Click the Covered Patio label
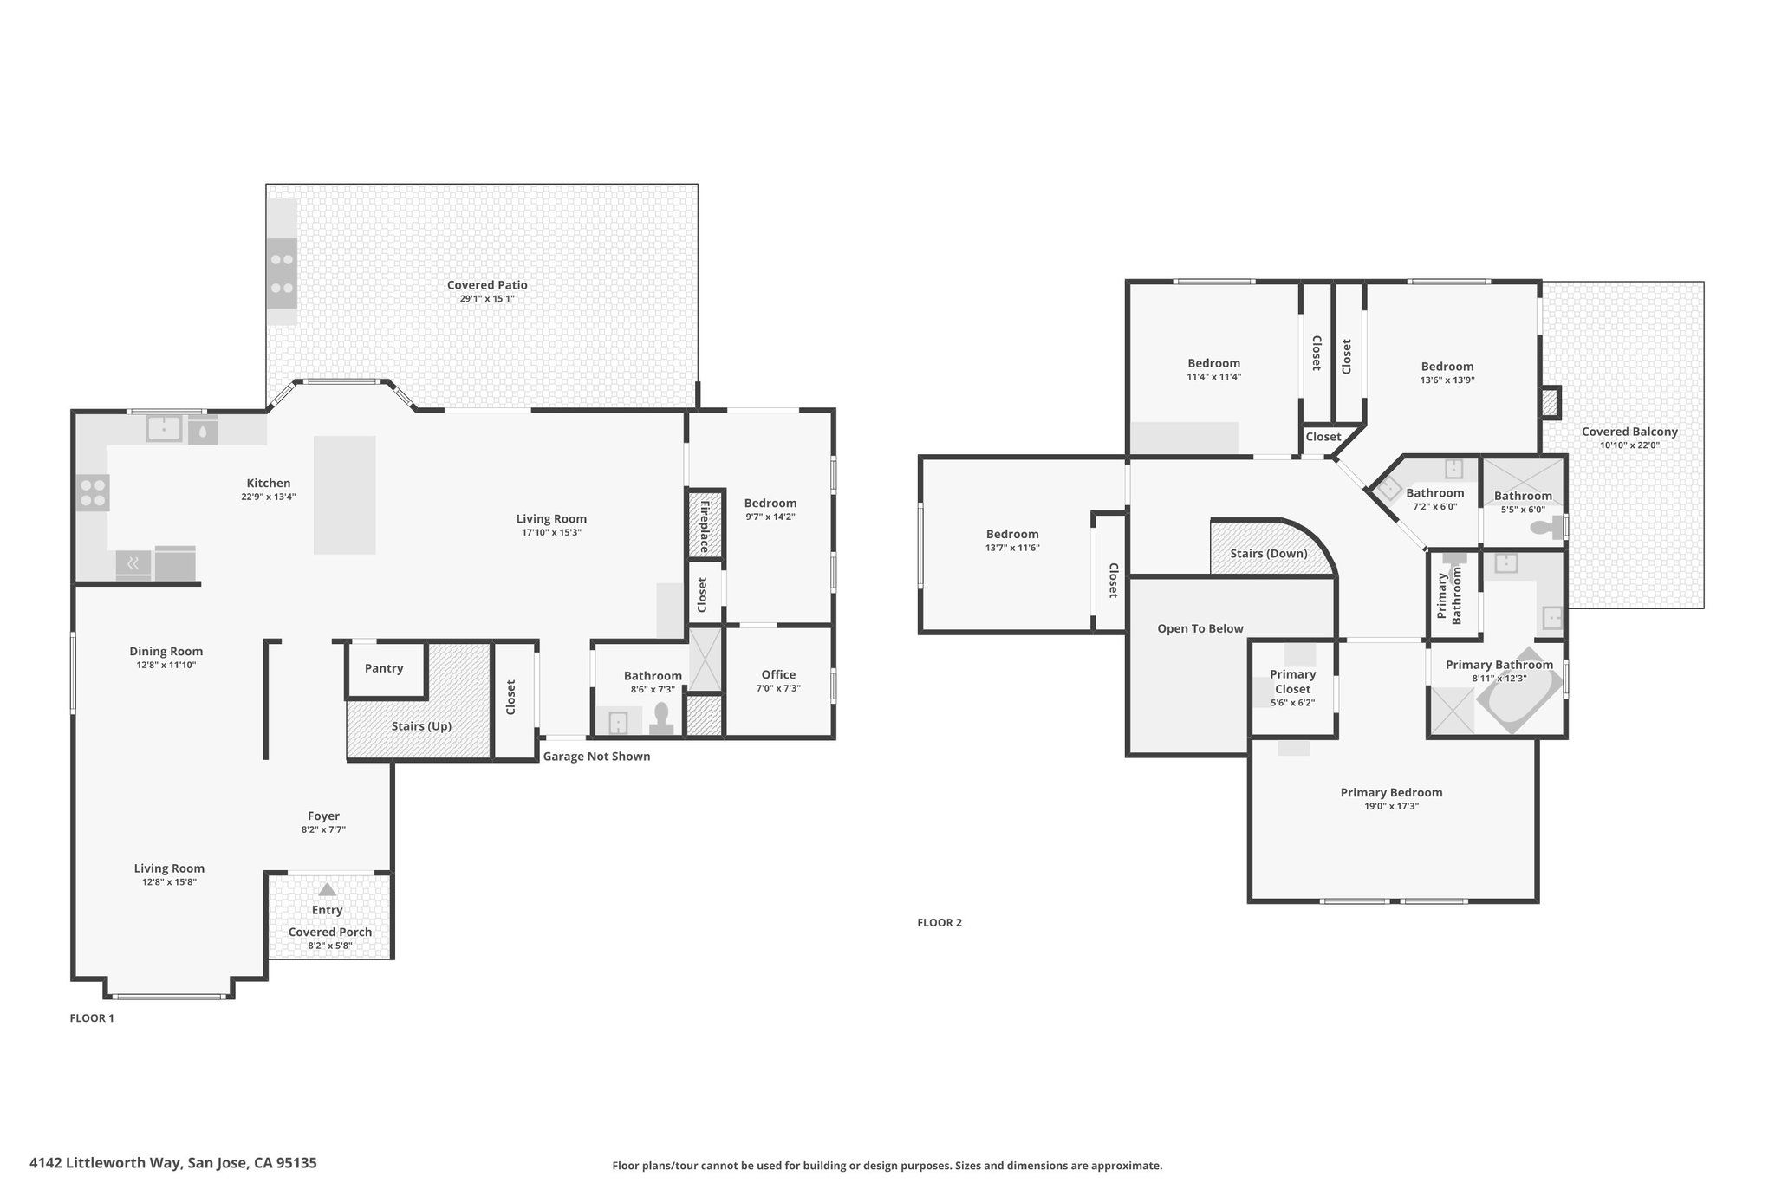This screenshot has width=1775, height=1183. pos(487,285)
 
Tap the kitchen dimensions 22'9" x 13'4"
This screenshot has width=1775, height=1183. pos(269,497)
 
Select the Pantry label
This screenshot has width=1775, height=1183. pos(384,668)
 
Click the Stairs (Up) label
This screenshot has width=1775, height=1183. pos(421,726)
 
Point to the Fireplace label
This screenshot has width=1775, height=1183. pos(705,526)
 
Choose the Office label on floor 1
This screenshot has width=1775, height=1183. pos(778,674)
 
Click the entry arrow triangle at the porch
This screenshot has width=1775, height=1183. pos(327,889)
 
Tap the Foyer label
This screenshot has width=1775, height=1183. pos(323,816)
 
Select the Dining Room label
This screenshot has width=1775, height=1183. pos(166,652)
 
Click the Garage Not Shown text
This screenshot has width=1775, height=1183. pos(596,757)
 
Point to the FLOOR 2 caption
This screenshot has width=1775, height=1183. pos(940,923)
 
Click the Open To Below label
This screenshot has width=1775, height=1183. pos(1200,629)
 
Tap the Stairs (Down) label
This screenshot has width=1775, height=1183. pos(1269,554)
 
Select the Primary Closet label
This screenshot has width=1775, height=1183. pos(1293,682)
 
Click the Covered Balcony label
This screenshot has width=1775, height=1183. pos(1629,432)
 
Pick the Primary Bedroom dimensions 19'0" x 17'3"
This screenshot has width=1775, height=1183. pos(1391,806)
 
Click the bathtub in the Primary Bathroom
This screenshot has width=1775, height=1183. pos(1519,691)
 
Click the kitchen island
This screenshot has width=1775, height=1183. pos(345,495)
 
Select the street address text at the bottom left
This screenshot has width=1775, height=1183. pos(173,1163)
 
